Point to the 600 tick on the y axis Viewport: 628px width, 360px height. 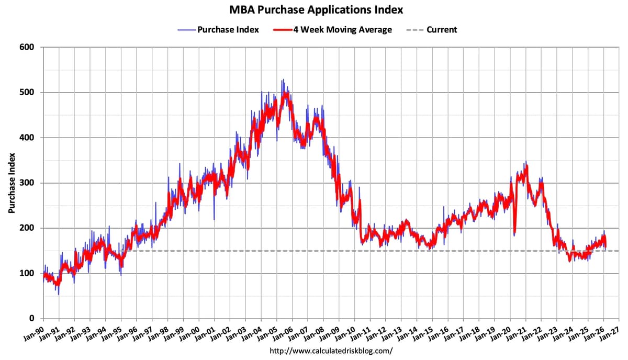pos(27,48)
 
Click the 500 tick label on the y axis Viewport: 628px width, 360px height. pos(27,93)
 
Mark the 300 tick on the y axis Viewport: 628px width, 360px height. pos(27,183)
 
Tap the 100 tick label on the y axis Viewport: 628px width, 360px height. pos(27,274)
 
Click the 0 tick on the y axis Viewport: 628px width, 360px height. pos(31,319)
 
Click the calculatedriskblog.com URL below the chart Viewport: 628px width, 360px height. pos(331,351)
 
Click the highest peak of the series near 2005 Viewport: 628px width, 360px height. pos(283,80)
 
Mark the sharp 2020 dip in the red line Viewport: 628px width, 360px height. pos(514,233)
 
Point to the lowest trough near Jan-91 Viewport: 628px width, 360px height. pos(59,294)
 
